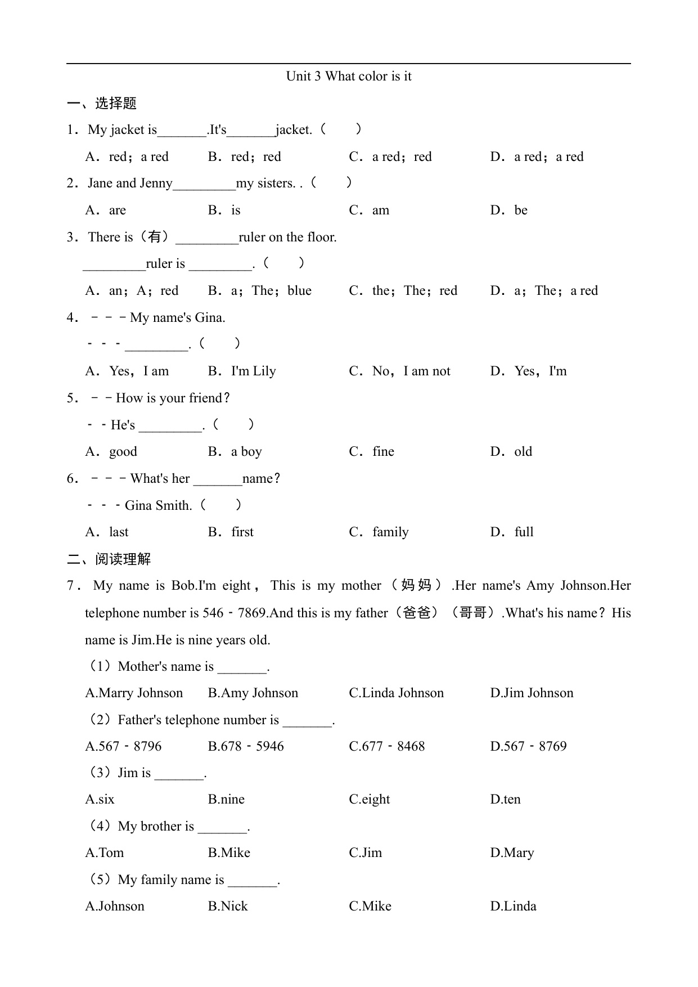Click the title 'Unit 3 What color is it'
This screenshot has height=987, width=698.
pyautogui.click(x=349, y=76)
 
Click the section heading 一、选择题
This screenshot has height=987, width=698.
pyautogui.click(x=102, y=103)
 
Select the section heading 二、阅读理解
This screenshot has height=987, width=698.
pyautogui.click(x=109, y=559)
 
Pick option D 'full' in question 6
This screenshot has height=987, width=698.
pyautogui.click(x=512, y=532)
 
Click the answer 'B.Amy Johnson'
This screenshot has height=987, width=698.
pyautogui.click(x=253, y=693)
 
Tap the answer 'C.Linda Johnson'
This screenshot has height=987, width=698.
pyautogui.click(x=396, y=693)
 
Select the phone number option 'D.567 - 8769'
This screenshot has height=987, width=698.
pyautogui.click(x=528, y=747)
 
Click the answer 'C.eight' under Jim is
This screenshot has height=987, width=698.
pyautogui.click(x=369, y=800)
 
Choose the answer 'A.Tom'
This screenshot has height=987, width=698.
pyautogui.click(x=105, y=853)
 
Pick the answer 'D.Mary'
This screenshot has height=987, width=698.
pyautogui.click(x=512, y=853)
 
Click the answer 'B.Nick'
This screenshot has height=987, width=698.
pyautogui.click(x=228, y=907)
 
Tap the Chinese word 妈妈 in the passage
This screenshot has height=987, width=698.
pyautogui.click(x=416, y=586)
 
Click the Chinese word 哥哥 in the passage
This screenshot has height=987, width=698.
pyautogui.click(x=472, y=613)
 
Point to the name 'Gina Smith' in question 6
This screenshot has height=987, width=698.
pyautogui.click(x=158, y=505)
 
